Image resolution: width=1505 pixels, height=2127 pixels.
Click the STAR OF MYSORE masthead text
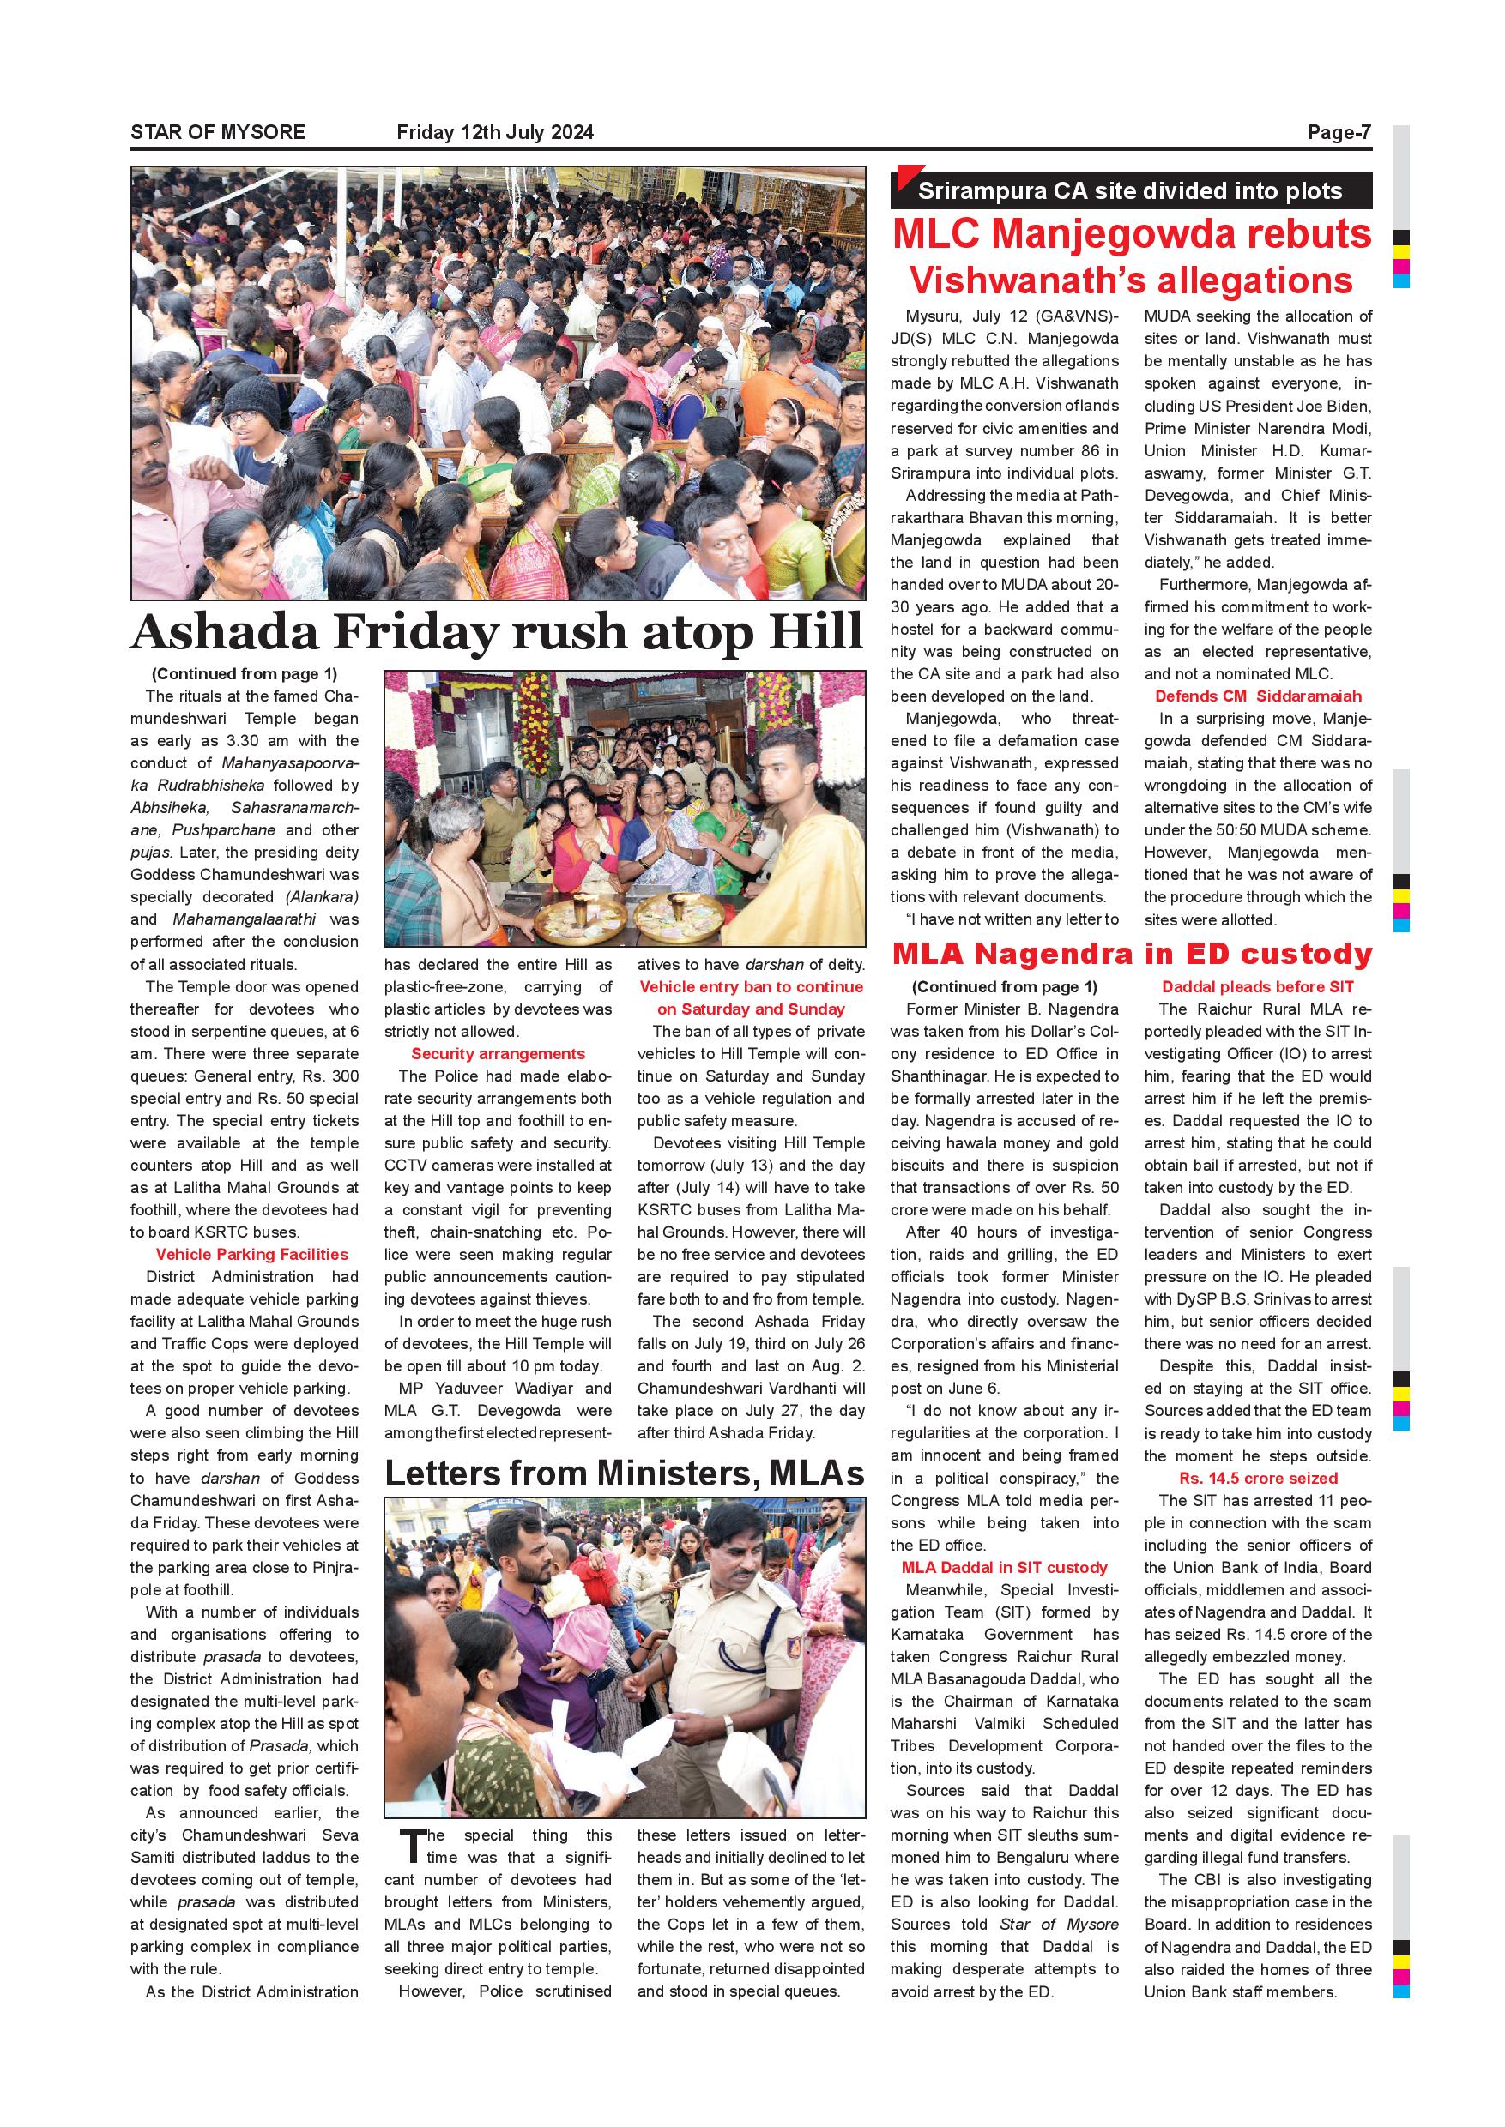(218, 132)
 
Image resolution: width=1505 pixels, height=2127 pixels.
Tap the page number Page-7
(1339, 132)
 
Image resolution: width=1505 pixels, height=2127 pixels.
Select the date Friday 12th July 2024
(495, 132)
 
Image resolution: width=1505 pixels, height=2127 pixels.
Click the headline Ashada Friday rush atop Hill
(497, 633)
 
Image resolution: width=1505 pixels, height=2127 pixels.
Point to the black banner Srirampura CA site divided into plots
(1130, 192)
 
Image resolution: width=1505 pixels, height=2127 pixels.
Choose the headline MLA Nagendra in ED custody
(1132, 955)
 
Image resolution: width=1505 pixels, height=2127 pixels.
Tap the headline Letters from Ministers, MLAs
(624, 1473)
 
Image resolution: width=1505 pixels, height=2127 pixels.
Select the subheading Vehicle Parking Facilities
(251, 1255)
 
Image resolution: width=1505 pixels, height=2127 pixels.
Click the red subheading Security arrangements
(498, 1053)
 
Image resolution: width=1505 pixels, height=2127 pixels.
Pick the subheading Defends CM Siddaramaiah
(1258, 696)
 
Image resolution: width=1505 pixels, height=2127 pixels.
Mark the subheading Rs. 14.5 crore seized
(1258, 1478)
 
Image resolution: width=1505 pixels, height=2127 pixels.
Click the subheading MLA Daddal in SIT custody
(1004, 1567)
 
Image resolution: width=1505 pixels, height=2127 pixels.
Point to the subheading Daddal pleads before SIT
(1258, 986)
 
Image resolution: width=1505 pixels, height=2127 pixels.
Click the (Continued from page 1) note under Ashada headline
(244, 673)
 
